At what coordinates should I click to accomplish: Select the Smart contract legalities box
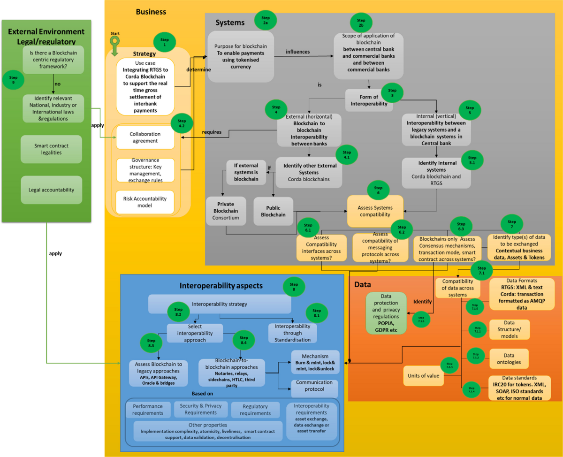[52, 149]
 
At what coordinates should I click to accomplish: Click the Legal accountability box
[52, 190]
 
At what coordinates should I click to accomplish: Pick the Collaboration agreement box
[145, 137]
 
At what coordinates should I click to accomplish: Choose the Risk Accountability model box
[145, 202]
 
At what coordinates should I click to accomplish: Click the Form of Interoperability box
[369, 100]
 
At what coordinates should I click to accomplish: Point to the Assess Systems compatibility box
[375, 211]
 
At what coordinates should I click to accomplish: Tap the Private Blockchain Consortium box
[226, 211]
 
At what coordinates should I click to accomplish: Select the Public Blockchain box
[273, 211]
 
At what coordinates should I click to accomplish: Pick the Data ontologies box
[509, 359]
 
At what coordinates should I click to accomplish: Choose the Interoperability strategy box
[219, 304]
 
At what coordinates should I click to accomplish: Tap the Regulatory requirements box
[255, 410]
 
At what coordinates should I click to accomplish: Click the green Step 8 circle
[294, 287]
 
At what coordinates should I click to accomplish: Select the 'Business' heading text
[151, 12]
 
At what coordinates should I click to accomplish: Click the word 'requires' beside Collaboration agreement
[212, 132]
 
